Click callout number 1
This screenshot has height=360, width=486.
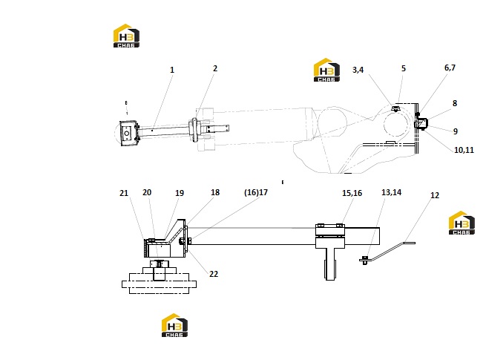coord(172,70)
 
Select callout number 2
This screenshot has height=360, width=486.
coord(215,68)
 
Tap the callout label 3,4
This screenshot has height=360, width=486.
coord(358,70)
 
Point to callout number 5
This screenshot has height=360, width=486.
coord(403,68)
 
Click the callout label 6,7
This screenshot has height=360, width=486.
coord(450,68)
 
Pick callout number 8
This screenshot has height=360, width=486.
coord(455,103)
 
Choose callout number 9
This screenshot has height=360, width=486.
coord(456,131)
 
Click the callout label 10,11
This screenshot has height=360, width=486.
coord(464,150)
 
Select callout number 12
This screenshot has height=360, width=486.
coord(435,195)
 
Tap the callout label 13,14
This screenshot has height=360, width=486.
coord(391,192)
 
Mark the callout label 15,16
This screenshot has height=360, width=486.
coord(352,193)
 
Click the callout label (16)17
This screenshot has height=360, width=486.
coord(256,192)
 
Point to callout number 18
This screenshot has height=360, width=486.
coord(215,192)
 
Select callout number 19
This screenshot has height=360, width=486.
coord(180,193)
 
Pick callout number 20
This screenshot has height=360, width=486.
coord(147,192)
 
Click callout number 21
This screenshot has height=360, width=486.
coord(124,193)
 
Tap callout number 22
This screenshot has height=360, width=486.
coord(214,274)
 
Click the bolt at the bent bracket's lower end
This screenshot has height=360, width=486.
coord(364,260)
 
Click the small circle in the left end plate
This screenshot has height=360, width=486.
coord(127,134)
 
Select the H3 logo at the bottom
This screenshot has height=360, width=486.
coord(174,325)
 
